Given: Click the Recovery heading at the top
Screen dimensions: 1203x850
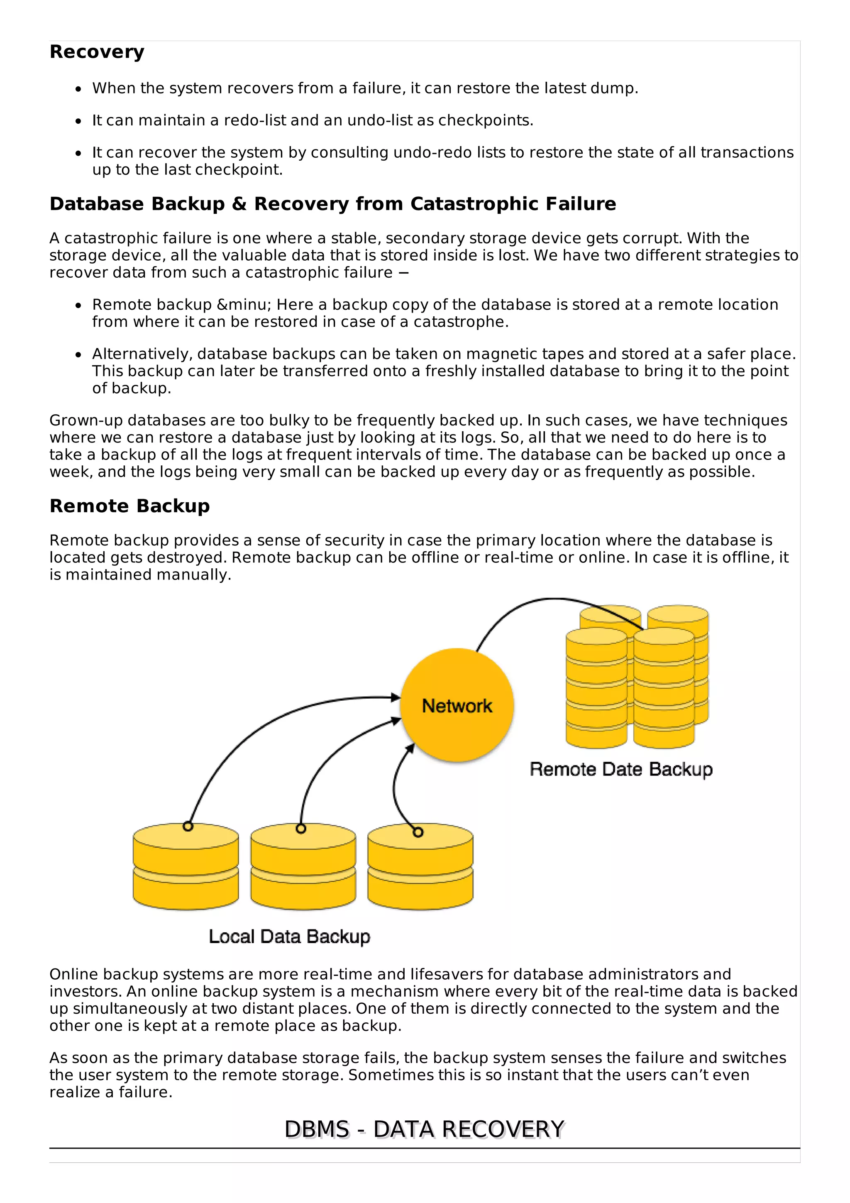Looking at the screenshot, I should [97, 52].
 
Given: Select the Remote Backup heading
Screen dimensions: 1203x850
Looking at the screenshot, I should [129, 506].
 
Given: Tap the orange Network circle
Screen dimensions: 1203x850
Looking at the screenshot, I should [457, 705].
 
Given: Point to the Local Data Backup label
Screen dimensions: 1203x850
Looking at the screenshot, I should [289, 936].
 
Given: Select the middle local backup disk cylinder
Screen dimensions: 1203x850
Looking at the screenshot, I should [303, 870].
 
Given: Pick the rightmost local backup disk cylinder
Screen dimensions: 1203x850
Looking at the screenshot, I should [420, 870].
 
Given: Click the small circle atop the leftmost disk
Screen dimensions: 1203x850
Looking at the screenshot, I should [188, 826].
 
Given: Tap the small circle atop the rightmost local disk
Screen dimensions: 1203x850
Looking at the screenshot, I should [418, 832].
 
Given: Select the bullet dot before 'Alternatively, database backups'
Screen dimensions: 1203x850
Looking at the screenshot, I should [78, 355].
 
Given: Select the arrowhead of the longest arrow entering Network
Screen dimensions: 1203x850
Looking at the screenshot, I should [396, 697].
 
